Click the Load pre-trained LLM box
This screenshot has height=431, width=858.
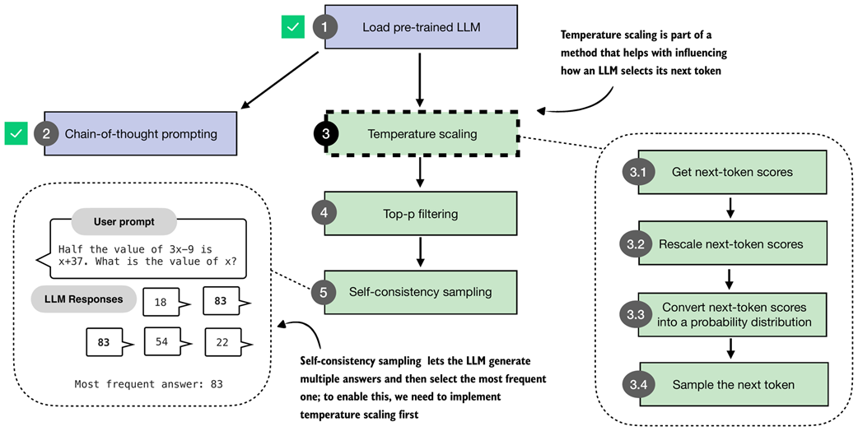(x=421, y=28)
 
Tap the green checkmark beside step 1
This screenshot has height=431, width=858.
(x=292, y=28)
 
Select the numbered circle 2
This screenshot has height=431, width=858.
(x=46, y=134)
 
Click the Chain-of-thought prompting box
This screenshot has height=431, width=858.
(x=141, y=134)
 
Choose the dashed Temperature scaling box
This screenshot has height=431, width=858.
(x=422, y=133)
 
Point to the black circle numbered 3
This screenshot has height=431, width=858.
(x=326, y=134)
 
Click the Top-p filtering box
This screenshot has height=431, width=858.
(x=421, y=214)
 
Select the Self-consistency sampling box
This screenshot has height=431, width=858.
(x=421, y=292)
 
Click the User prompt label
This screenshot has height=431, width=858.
(x=124, y=222)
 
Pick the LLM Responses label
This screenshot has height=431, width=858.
(x=84, y=299)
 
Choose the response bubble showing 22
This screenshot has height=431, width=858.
(x=221, y=341)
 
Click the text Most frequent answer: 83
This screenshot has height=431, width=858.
(x=148, y=384)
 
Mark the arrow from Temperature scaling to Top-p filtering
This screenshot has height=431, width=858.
(x=421, y=173)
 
